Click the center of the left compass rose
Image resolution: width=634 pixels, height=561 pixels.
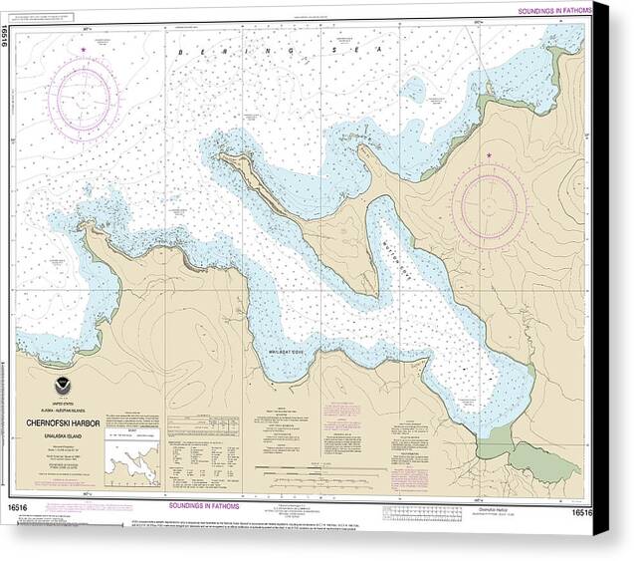click(x=84, y=97)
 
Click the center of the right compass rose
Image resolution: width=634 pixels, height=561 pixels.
click(x=488, y=206)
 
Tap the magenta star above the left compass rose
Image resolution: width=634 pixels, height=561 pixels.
click(x=84, y=49)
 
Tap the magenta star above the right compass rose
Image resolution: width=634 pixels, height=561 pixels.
click(x=489, y=155)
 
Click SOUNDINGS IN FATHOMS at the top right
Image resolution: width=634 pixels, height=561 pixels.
click(x=551, y=9)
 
